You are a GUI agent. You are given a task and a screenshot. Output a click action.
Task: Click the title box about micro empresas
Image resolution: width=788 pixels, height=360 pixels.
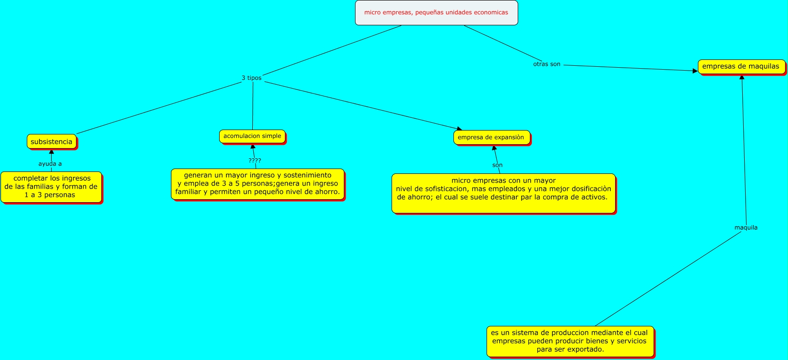(x=436, y=13)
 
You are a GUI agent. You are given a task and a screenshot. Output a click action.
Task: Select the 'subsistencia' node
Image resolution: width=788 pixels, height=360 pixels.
(x=51, y=142)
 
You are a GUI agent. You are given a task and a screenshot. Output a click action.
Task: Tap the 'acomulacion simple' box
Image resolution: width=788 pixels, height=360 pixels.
(x=252, y=136)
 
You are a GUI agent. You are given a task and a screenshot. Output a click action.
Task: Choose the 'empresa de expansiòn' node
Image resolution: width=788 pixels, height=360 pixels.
(x=491, y=137)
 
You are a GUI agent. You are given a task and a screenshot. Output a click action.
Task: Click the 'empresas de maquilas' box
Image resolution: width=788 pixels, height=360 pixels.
(x=741, y=66)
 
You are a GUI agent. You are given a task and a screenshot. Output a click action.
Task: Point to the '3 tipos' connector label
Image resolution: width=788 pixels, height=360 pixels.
(x=251, y=78)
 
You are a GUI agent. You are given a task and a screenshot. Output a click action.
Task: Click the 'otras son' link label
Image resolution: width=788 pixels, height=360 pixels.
(x=546, y=64)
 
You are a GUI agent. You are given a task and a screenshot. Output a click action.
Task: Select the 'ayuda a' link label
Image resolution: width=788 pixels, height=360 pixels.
(x=50, y=164)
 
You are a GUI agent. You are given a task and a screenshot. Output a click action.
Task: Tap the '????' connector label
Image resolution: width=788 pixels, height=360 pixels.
(x=255, y=160)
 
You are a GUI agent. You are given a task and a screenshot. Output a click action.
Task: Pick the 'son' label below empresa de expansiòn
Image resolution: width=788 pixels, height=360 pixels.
(x=497, y=165)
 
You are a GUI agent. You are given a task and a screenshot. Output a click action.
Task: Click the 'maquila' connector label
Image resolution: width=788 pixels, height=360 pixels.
(x=746, y=227)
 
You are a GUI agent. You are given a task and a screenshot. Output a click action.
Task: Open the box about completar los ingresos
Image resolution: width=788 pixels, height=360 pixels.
(x=51, y=187)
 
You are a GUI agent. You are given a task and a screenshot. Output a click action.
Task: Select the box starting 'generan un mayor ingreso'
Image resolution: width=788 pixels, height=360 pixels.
(x=258, y=184)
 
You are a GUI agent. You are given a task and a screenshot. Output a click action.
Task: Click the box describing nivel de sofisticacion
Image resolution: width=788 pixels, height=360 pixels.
(x=503, y=193)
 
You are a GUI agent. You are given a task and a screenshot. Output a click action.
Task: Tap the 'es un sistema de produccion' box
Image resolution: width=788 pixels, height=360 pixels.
(x=570, y=341)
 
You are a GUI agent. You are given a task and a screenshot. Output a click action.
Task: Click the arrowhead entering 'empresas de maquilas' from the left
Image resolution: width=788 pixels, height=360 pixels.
(x=695, y=71)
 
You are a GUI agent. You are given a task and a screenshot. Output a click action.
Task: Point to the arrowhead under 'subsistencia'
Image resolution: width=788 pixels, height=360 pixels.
(x=51, y=152)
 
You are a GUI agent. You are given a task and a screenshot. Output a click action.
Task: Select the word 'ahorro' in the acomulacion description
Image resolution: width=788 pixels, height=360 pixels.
(x=326, y=192)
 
